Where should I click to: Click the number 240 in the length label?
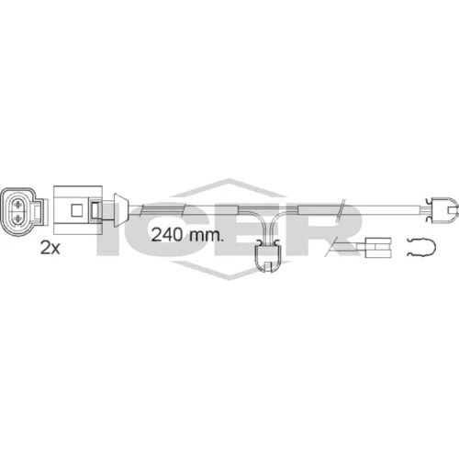168,235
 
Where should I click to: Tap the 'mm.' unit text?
207,236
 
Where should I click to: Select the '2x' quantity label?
50,248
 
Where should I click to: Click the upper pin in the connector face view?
18,204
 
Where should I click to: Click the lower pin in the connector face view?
18,218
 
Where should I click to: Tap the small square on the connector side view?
76,209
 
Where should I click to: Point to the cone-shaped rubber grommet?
121,210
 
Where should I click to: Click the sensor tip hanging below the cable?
267,255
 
